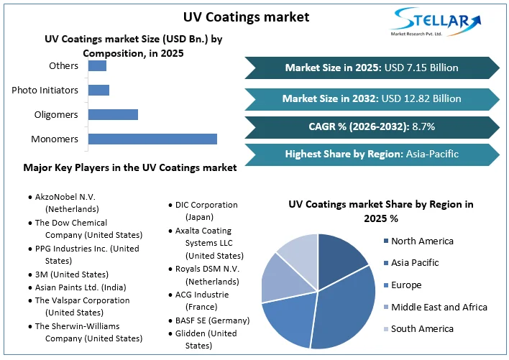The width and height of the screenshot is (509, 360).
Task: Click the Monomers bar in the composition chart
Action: (152, 139)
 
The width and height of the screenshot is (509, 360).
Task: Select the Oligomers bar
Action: (113, 114)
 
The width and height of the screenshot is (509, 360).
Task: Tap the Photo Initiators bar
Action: (98, 90)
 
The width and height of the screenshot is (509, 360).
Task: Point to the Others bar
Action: (97, 66)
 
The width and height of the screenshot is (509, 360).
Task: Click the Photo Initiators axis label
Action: (45, 90)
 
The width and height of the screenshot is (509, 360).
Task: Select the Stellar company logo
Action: (436, 22)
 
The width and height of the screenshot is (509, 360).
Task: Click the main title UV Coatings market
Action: (247, 17)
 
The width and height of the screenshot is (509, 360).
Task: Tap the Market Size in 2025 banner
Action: (372, 68)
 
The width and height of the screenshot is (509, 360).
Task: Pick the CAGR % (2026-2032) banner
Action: (372, 126)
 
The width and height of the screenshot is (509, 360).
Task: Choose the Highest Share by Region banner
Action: (372, 154)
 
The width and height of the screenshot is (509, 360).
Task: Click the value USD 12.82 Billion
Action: (421, 98)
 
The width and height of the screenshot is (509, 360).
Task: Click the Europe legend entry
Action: (403, 285)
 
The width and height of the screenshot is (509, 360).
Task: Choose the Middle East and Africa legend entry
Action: (436, 307)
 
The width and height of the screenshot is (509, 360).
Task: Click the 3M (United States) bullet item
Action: (68, 274)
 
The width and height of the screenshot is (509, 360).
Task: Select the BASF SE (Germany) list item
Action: (209, 320)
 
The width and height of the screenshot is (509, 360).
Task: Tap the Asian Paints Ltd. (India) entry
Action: (77, 287)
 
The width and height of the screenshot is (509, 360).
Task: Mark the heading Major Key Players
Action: (130, 167)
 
